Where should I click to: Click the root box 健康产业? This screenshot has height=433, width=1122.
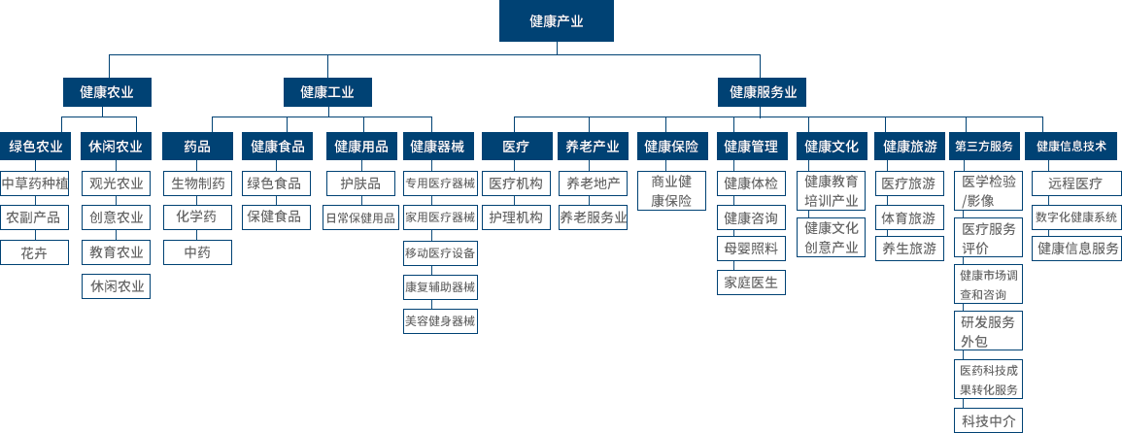[x=556, y=20]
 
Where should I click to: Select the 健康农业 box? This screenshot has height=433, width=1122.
[x=107, y=92]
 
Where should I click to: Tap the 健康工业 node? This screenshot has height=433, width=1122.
[x=327, y=92]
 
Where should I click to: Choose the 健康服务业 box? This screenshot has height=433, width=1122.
[x=763, y=92]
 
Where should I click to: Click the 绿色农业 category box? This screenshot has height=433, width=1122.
[x=36, y=147]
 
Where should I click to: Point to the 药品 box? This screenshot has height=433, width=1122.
[x=197, y=147]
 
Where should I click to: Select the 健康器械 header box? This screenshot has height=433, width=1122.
[x=440, y=147]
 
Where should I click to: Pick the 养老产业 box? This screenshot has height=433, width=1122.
[x=593, y=147]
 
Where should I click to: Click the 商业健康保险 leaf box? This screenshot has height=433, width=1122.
[x=671, y=191]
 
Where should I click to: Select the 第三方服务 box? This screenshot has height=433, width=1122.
[x=984, y=147]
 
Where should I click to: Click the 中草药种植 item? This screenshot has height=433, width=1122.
[x=36, y=183]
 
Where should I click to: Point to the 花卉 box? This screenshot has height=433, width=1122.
[x=36, y=252]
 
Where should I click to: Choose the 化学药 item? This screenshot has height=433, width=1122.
[x=197, y=216]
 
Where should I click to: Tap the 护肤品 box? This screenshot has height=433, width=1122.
[x=359, y=183]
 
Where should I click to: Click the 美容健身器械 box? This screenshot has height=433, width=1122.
[x=440, y=320]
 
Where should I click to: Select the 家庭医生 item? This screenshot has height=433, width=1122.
[x=750, y=283]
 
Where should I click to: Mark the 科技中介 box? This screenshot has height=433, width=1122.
[x=987, y=420]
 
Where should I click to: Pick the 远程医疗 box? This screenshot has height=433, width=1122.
[x=1075, y=183]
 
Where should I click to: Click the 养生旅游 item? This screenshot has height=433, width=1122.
[x=909, y=249]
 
